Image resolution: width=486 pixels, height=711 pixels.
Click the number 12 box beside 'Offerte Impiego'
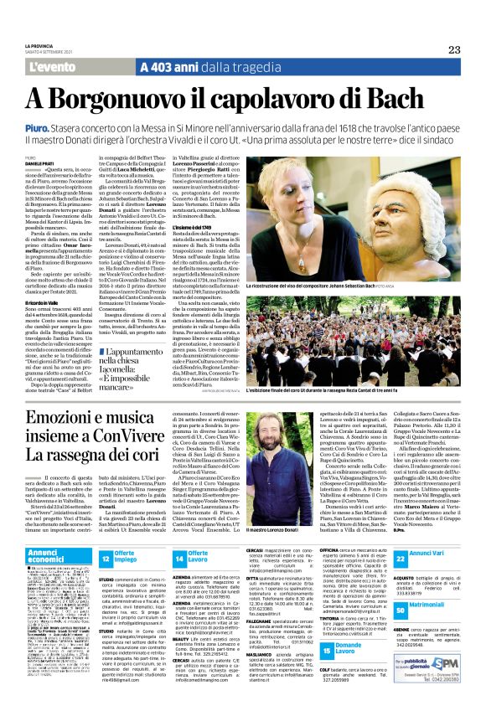pos(106,559)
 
